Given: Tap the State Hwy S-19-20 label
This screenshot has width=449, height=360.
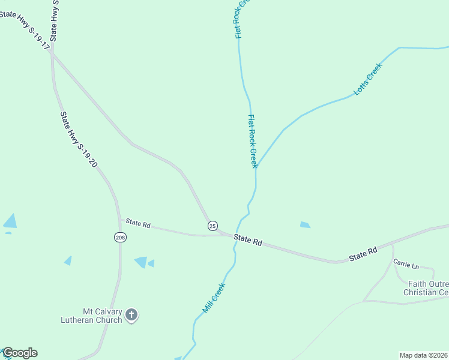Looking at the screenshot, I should coord(79,139).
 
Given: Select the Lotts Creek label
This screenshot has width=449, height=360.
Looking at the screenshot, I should coord(368,80).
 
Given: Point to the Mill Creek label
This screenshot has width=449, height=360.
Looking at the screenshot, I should coord(213,298).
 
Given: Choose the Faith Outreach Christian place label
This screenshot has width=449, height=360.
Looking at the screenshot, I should coord(427,288).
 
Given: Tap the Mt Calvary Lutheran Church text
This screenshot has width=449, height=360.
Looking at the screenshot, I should coord(95,316).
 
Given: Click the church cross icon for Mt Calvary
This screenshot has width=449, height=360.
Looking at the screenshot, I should coord(131,314).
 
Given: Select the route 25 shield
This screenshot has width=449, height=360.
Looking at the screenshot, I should coord(212,226).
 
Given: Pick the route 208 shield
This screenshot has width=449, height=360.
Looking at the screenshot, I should coord(119,237).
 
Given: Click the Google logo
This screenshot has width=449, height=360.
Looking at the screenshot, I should coord(20,353).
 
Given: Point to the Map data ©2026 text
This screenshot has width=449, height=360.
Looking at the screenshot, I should coord(423,355).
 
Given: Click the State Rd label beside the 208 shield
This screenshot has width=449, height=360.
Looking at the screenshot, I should coord(138,223).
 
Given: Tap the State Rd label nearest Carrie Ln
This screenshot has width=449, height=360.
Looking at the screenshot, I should coord(364,253).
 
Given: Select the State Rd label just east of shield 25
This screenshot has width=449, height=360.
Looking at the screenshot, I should coord(248,240).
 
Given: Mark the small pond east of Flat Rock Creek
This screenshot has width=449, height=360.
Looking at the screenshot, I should coord(305,225).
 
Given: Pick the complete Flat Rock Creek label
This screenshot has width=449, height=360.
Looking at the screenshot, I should coord(253,142).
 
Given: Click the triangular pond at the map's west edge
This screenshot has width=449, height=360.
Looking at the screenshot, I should coord(10,221).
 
